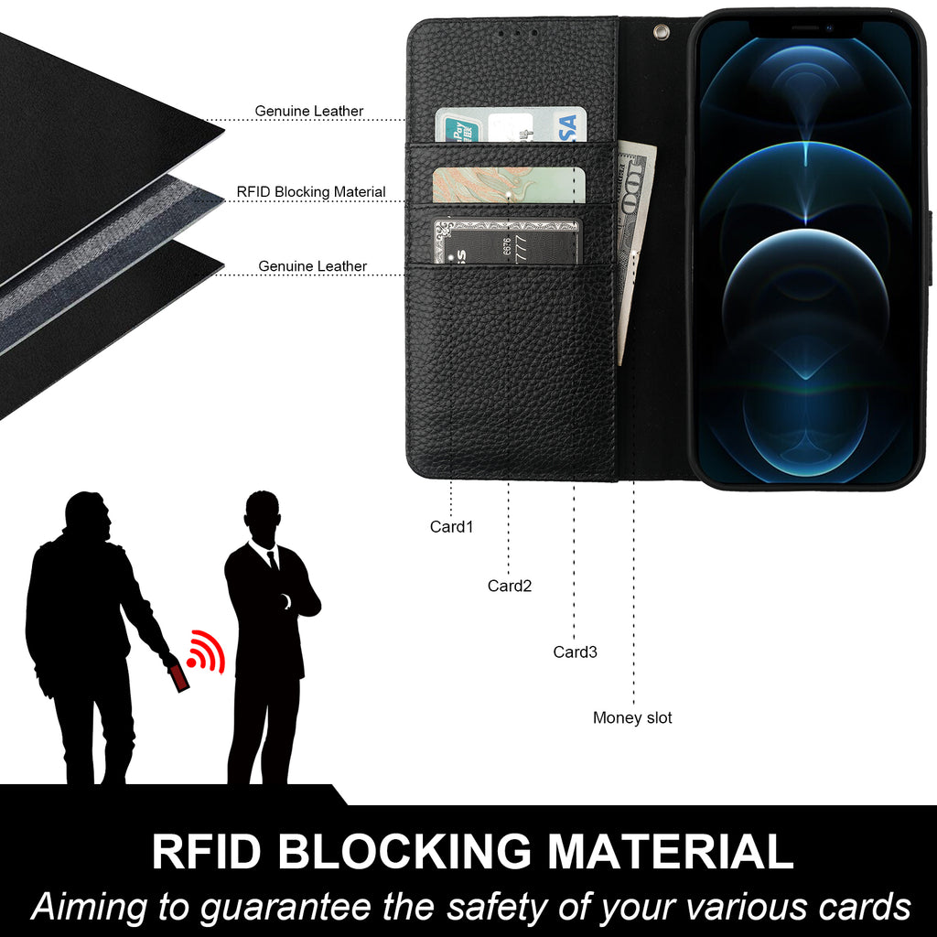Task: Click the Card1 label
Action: pyautogui.click(x=451, y=527)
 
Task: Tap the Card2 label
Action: pyautogui.click(x=509, y=586)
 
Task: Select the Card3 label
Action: pyautogui.click(x=575, y=652)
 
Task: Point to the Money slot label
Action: pyautogui.click(x=631, y=718)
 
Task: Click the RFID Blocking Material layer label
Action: pyautogui.click(x=310, y=192)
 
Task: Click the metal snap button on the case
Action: pyautogui.click(x=656, y=32)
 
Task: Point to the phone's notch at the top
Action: pyautogui.click(x=805, y=28)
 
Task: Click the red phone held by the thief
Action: pyautogui.click(x=178, y=677)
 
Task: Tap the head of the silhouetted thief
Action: pyautogui.click(x=89, y=517)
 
